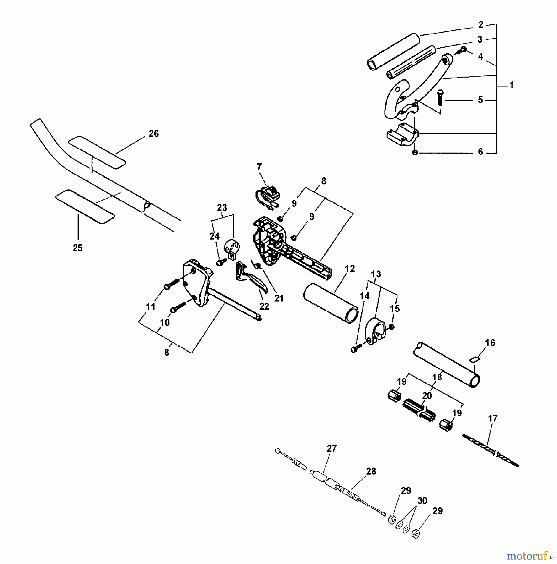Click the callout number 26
tap(153, 134)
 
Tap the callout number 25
tap(77, 248)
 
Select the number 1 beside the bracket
tap(511, 85)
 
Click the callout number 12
tap(350, 269)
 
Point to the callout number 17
tap(493, 418)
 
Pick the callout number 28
tap(371, 471)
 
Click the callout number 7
tap(259, 167)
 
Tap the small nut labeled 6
tap(415, 153)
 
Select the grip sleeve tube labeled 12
tap(331, 302)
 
